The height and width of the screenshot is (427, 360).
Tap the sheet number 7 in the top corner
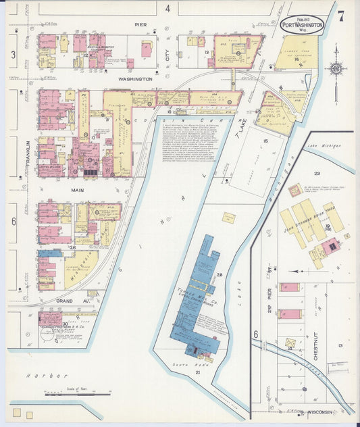pyautogui.click(x=341, y=17)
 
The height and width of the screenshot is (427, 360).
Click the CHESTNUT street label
pyautogui.click(x=315, y=345)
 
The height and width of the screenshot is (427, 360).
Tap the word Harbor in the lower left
pyautogui.click(x=38, y=375)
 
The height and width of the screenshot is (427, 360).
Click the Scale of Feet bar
pyautogui.click(x=77, y=394)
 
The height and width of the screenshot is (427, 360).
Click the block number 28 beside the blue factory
pyautogui.click(x=220, y=275)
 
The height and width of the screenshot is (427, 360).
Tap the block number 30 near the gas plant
pyautogui.click(x=65, y=324)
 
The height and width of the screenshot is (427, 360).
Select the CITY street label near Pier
pyautogui.click(x=168, y=51)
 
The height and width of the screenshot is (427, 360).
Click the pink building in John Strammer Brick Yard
pyautogui.click(x=330, y=247)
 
